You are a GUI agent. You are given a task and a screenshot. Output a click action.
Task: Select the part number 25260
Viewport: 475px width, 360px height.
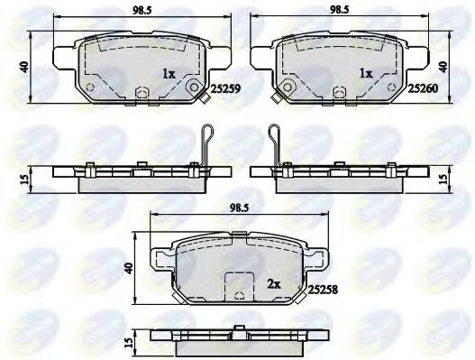tap(423, 89)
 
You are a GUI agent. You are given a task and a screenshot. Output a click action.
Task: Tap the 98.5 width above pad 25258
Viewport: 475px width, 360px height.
tap(238, 209)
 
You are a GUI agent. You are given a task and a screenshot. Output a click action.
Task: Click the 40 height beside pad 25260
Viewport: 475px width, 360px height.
tap(443, 67)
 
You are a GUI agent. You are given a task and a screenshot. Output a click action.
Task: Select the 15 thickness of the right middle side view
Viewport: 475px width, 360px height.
tap(443, 179)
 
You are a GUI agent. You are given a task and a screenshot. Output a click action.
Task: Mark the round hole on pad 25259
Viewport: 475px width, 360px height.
tap(192, 88)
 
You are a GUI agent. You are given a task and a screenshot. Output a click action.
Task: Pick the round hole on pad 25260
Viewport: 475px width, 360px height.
tap(287, 88)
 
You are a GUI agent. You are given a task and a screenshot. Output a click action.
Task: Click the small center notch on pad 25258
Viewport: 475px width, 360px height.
tap(238, 293)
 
